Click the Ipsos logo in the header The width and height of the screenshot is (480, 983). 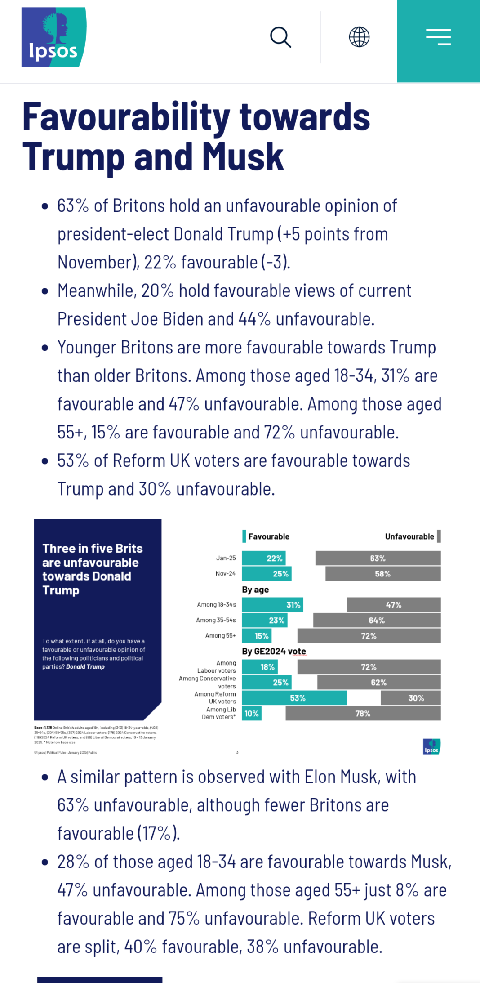54,37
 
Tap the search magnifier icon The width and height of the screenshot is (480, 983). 280,37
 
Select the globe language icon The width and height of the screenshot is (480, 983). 359,37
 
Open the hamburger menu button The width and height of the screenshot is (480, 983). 438,37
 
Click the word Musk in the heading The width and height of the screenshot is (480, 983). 243,157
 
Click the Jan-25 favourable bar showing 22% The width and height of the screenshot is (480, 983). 264,558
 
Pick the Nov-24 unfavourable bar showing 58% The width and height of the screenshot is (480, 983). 382,574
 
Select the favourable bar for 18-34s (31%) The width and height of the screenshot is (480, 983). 272,605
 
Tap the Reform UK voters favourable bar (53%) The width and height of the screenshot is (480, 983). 294,698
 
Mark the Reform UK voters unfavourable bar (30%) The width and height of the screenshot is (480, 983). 411,698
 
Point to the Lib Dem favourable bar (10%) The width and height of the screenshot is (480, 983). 252,714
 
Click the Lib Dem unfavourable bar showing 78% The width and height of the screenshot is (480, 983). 363,714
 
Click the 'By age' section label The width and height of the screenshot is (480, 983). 255,590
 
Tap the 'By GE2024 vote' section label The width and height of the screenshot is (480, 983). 274,651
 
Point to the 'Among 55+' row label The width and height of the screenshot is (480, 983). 220,636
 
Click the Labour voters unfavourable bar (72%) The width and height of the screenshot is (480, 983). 369,667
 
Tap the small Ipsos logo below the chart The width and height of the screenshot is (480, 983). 431,746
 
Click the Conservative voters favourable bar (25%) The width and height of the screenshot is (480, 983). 267,683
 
